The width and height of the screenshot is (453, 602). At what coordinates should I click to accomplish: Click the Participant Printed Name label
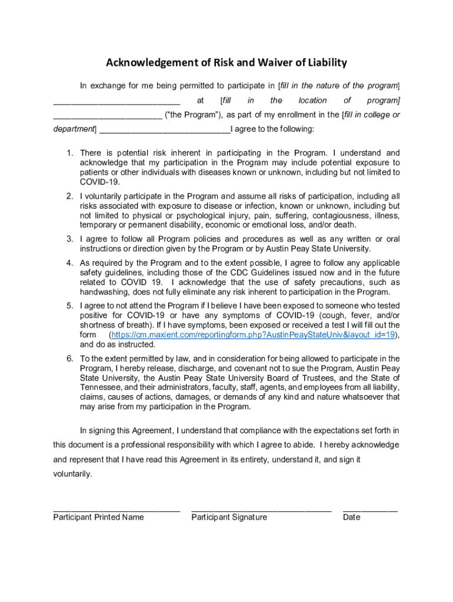98,517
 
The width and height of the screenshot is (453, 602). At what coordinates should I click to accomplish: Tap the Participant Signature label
229,517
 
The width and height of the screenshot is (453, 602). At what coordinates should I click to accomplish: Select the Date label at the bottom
352,517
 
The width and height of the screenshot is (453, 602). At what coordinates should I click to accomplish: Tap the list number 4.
69,263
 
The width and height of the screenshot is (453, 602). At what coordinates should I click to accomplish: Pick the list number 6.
69,359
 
